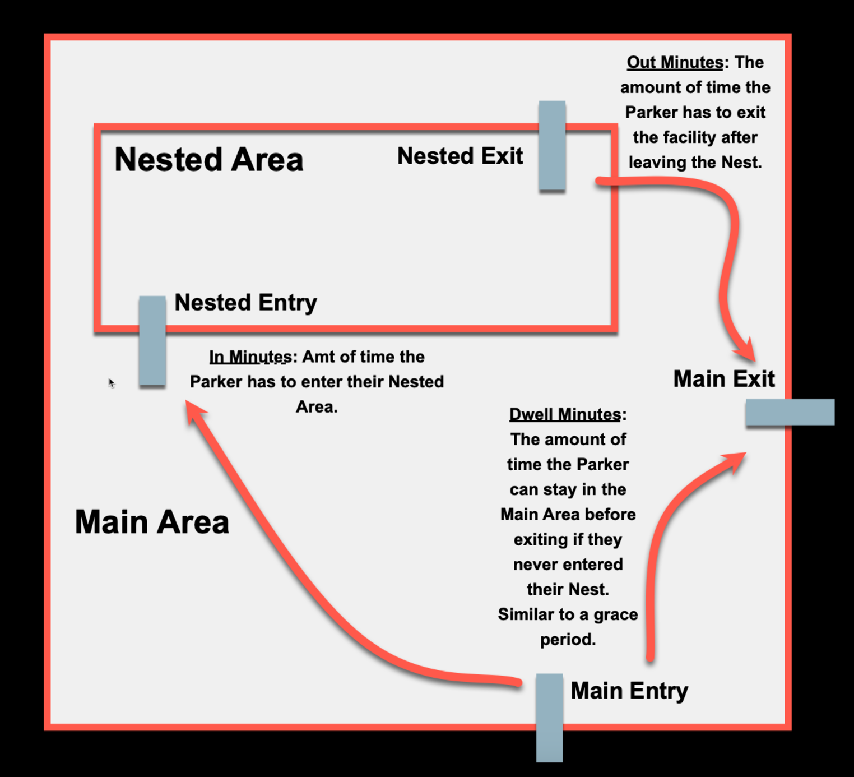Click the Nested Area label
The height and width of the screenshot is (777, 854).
tap(208, 160)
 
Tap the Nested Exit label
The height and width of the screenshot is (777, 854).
tap(460, 156)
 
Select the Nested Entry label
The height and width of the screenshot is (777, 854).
tap(245, 303)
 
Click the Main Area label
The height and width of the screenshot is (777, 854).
tap(152, 522)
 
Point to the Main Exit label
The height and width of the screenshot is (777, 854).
tap(723, 379)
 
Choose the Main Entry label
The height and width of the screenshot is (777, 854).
tap(629, 691)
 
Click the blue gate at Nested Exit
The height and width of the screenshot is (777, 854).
tap(552, 146)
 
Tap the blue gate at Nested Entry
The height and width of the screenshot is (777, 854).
tap(152, 340)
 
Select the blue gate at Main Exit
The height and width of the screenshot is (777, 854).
tap(790, 412)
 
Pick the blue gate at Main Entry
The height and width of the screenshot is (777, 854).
tap(549, 718)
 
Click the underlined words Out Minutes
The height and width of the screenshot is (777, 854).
tap(675, 62)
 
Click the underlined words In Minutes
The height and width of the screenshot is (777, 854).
tap(250, 357)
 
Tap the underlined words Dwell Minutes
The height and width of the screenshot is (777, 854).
tap(565, 415)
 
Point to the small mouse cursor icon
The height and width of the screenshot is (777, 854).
tap(112, 383)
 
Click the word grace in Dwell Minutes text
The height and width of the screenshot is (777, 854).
tap(615, 615)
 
